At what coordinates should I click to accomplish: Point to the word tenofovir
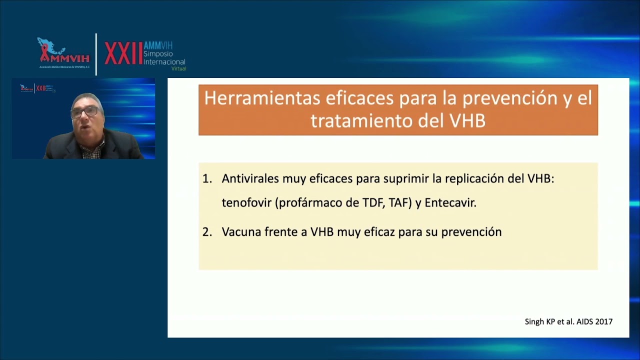246,203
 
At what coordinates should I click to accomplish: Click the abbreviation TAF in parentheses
399,203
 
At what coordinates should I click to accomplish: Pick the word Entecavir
450,203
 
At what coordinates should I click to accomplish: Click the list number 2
207,232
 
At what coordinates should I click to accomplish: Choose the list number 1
207,179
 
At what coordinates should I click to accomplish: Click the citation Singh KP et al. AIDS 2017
568,322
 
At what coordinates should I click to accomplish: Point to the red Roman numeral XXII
123,54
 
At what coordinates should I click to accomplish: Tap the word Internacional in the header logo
164,61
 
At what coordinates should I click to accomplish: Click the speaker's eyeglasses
85,111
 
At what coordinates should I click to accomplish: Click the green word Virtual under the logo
178,68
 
